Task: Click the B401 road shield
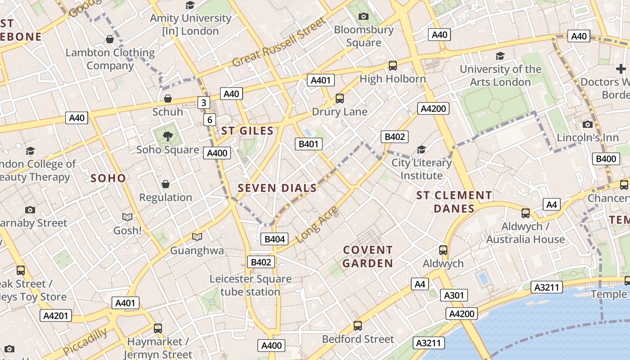(309, 144)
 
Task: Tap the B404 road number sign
(274, 239)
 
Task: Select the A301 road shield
(454, 295)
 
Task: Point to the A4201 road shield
(56, 315)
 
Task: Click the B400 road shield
(606, 158)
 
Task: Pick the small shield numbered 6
(209, 120)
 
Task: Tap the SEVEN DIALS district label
(277, 188)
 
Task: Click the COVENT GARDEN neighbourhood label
(368, 256)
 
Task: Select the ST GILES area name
(247, 131)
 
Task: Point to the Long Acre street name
(317, 225)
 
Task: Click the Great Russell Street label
(279, 42)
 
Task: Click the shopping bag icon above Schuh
(168, 99)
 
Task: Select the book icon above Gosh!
(127, 217)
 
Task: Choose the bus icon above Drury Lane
(340, 98)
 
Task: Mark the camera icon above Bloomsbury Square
(364, 17)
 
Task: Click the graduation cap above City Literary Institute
(421, 149)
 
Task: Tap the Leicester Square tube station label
(250, 285)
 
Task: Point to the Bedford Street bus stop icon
(358, 325)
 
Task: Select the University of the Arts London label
(500, 76)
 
